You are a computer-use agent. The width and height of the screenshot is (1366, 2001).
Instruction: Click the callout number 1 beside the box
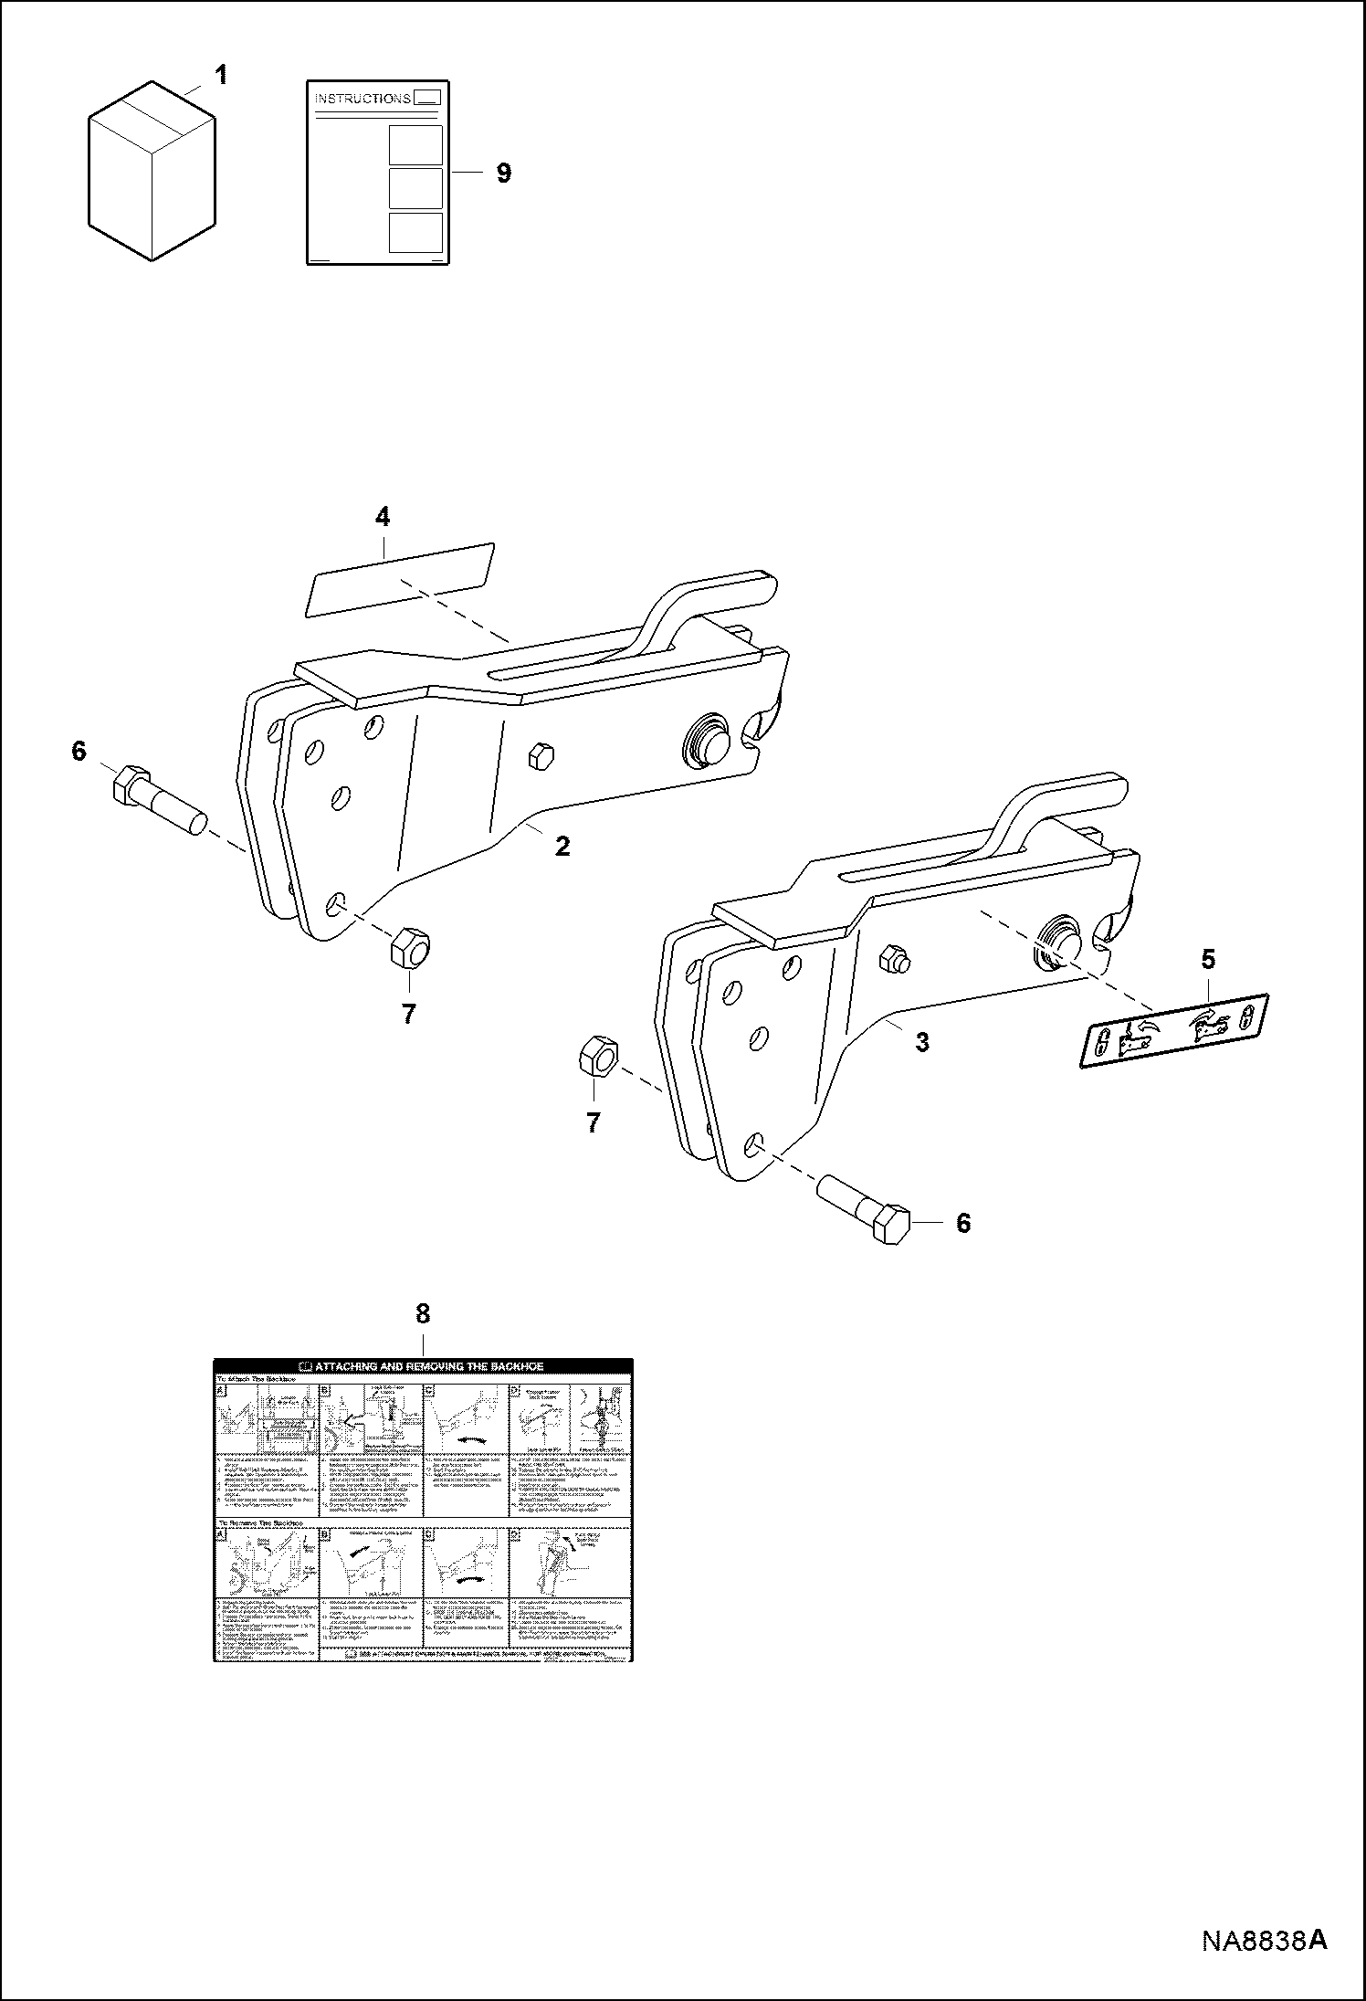click(220, 75)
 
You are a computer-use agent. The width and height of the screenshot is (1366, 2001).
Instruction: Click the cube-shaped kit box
click(152, 174)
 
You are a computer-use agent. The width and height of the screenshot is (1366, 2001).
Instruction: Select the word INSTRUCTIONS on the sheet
click(363, 99)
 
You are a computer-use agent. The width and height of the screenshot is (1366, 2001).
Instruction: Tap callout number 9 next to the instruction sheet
click(503, 173)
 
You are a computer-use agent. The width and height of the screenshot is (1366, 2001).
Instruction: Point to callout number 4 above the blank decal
click(383, 517)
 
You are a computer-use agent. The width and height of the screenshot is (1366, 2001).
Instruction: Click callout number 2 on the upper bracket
click(562, 846)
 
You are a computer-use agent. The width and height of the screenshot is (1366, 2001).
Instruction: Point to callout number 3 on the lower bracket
click(922, 1042)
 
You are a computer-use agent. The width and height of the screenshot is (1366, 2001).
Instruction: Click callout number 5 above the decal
click(1208, 959)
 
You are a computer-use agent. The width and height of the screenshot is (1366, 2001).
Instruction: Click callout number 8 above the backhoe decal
click(422, 1313)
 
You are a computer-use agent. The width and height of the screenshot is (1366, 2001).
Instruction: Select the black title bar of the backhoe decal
click(423, 1366)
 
